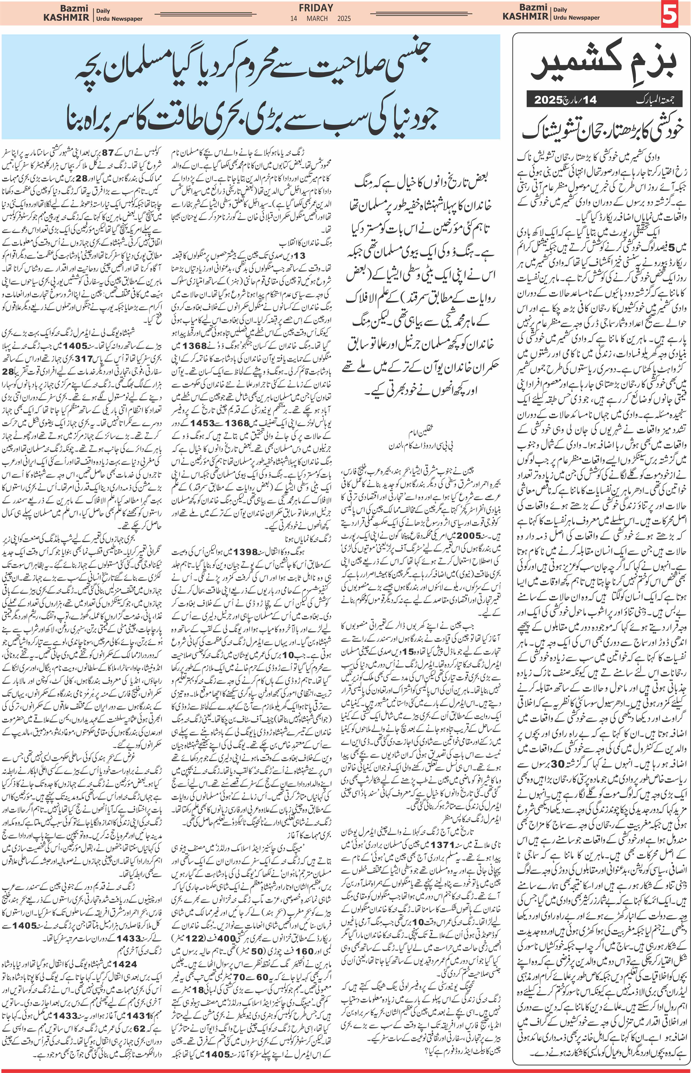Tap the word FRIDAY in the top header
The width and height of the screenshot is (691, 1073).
[x=316, y=8]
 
